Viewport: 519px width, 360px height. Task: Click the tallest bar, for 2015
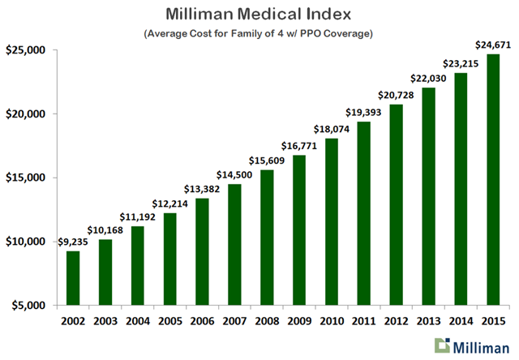pyautogui.click(x=493, y=179)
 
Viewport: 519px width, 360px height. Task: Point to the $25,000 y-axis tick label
pyautogui.click(x=27, y=50)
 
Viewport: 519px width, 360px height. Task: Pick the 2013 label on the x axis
pyautogui.click(x=427, y=319)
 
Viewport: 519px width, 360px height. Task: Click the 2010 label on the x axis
pyautogui.click(x=329, y=319)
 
